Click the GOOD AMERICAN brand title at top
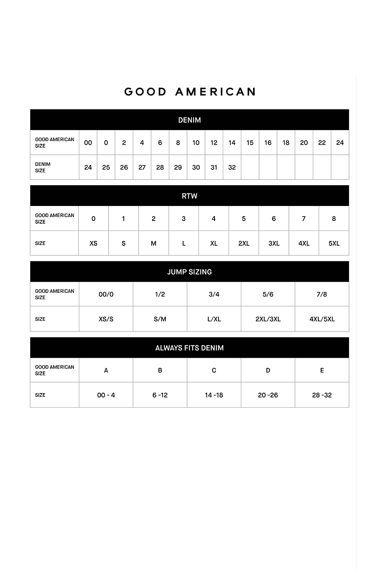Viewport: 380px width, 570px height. [x=190, y=92]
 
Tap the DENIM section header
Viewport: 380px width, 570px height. [x=189, y=120]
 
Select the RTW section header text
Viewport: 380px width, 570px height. [x=189, y=196]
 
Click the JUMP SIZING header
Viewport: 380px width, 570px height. [x=189, y=272]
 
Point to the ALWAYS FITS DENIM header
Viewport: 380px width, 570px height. [x=189, y=348]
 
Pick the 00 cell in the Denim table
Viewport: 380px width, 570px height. [x=88, y=143]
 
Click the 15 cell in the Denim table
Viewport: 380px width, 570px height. [x=250, y=143]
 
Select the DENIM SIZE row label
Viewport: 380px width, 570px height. [x=43, y=167]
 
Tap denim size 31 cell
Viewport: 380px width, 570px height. [x=214, y=167]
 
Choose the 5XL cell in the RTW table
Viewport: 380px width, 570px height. [x=334, y=243]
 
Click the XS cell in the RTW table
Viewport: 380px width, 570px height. [x=94, y=243]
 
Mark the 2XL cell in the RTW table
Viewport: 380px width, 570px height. [x=244, y=243]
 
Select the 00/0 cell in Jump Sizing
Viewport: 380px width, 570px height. [x=106, y=294]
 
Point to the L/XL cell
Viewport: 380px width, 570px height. [x=214, y=319]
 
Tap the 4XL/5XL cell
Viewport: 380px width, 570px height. [x=322, y=319]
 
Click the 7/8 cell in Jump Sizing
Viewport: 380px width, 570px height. [x=322, y=294]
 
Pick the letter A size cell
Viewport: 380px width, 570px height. [x=106, y=370]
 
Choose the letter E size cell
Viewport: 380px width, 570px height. [x=322, y=370]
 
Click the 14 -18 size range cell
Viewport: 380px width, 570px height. [x=214, y=395]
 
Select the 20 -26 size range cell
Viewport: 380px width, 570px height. [x=268, y=395]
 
